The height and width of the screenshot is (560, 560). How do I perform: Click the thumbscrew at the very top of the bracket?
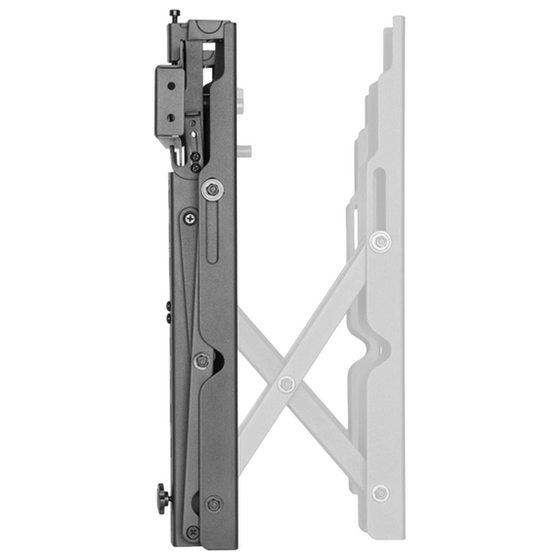(175, 14)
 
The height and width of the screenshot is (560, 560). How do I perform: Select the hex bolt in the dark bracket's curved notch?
(201, 362)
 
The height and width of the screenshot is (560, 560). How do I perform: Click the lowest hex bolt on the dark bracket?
(213, 504)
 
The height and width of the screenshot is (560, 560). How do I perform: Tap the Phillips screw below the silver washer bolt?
(188, 218)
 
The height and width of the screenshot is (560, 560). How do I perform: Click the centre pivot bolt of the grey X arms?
(286, 383)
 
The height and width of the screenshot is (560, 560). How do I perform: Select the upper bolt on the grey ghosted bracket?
(379, 240)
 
